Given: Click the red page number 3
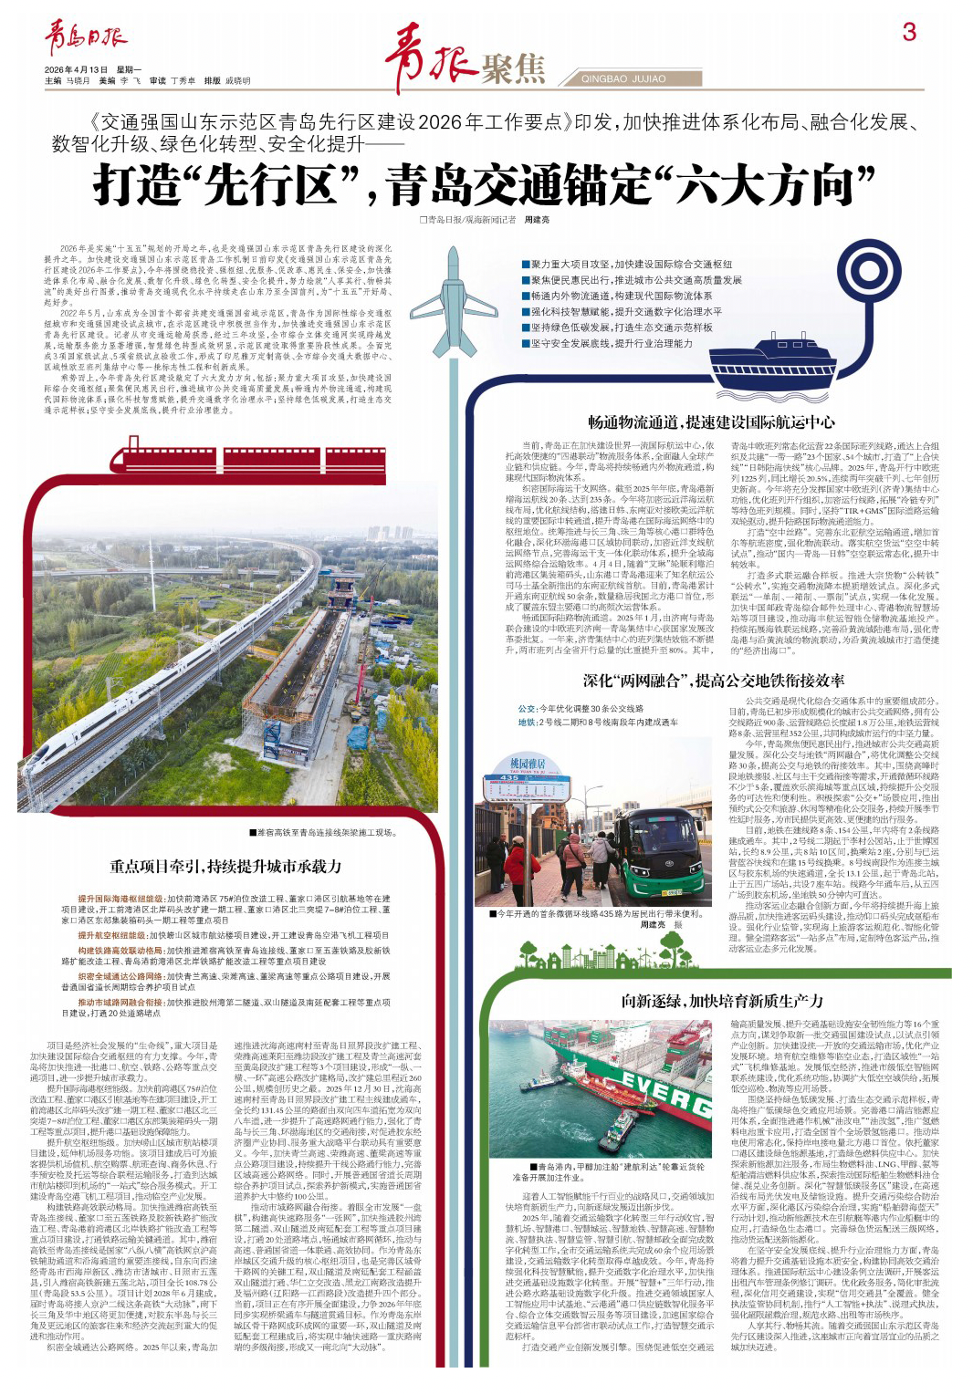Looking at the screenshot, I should click(x=909, y=32).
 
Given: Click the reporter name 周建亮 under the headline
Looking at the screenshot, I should click(x=537, y=220).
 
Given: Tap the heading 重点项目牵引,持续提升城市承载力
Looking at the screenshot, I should click(x=225, y=866).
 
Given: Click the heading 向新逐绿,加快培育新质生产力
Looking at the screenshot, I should click(x=723, y=1001).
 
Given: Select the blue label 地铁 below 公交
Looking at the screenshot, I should click(x=527, y=723).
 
